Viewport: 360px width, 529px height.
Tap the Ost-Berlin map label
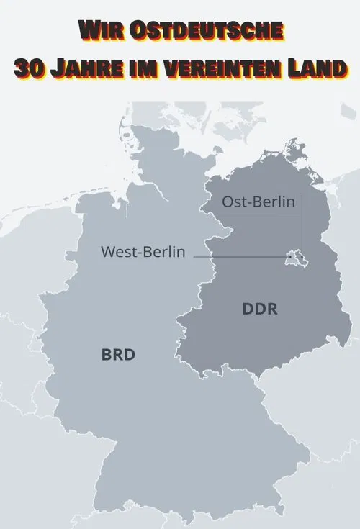point(258,202)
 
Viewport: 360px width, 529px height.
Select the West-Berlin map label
point(143,253)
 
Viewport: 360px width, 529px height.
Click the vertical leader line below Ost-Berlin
point(302,223)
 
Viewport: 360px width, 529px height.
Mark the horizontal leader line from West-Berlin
point(238,256)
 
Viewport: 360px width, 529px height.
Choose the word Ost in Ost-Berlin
point(235,202)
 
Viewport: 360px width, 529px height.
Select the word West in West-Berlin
point(118,253)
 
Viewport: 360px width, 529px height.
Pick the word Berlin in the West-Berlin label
point(163,253)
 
